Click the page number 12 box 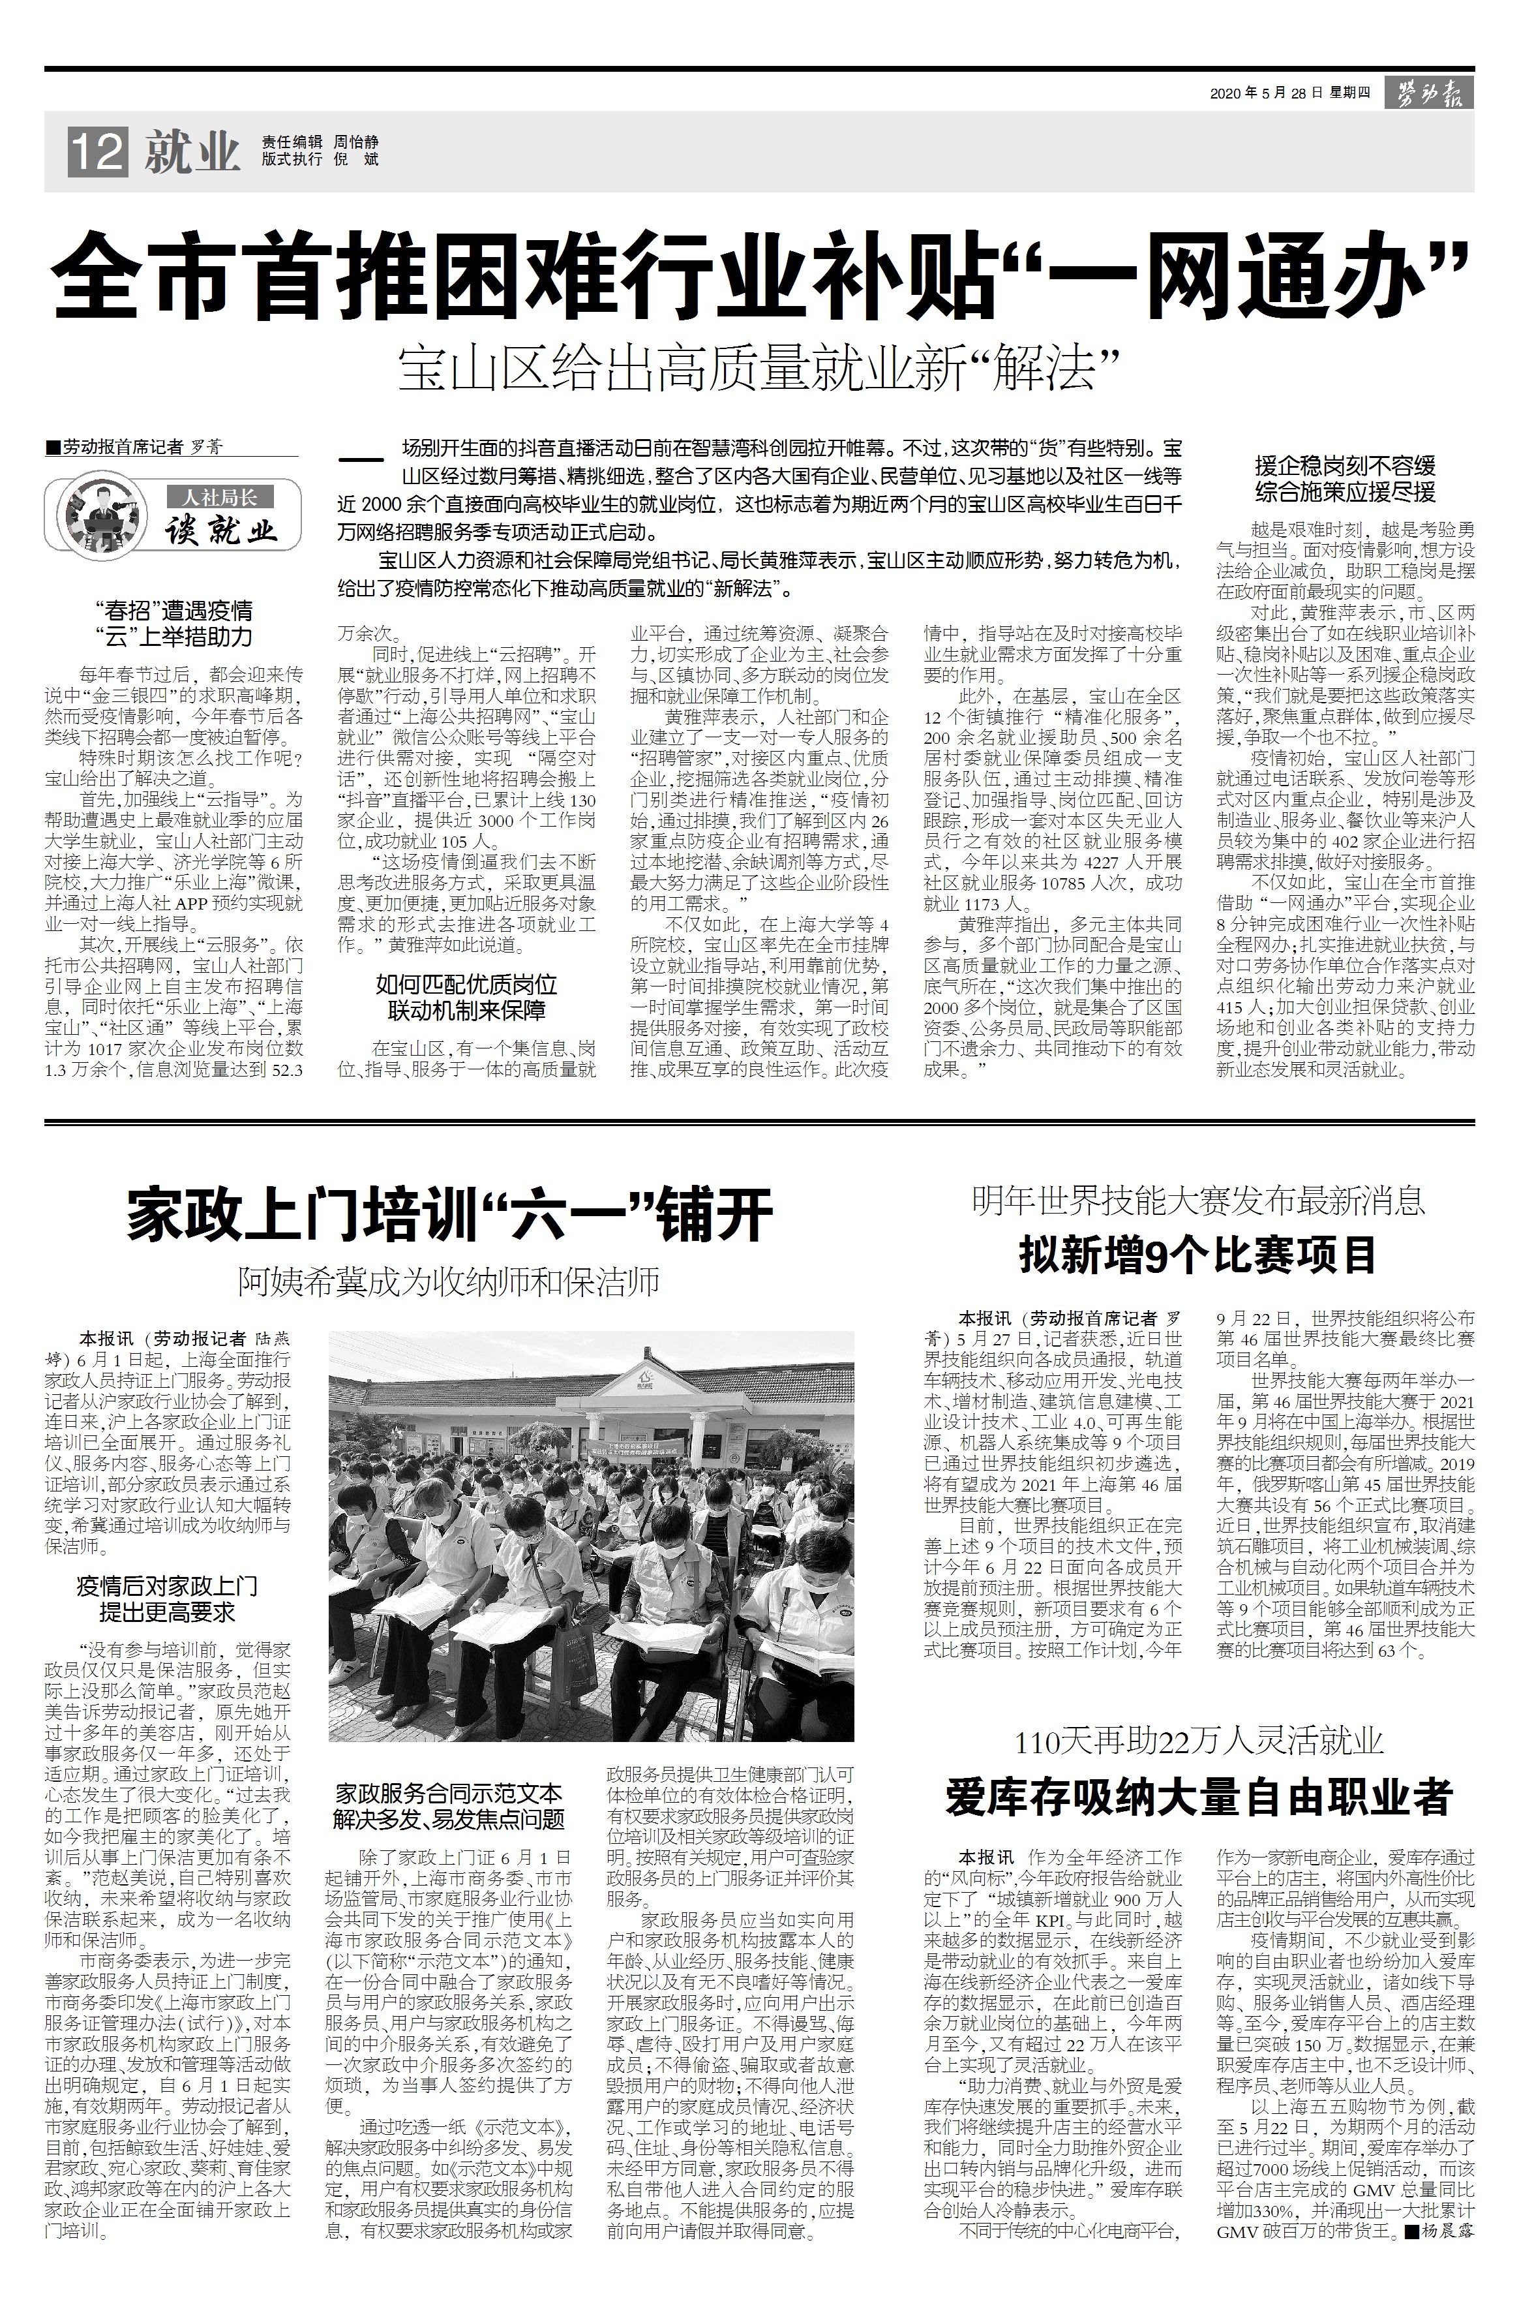tap(97, 152)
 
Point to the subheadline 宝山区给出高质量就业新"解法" tap(759, 368)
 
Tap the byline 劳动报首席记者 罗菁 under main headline tap(136, 447)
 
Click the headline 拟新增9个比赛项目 tap(1198, 1255)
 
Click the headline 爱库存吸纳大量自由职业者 tap(1198, 1797)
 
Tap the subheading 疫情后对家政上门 tap(167, 1587)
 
